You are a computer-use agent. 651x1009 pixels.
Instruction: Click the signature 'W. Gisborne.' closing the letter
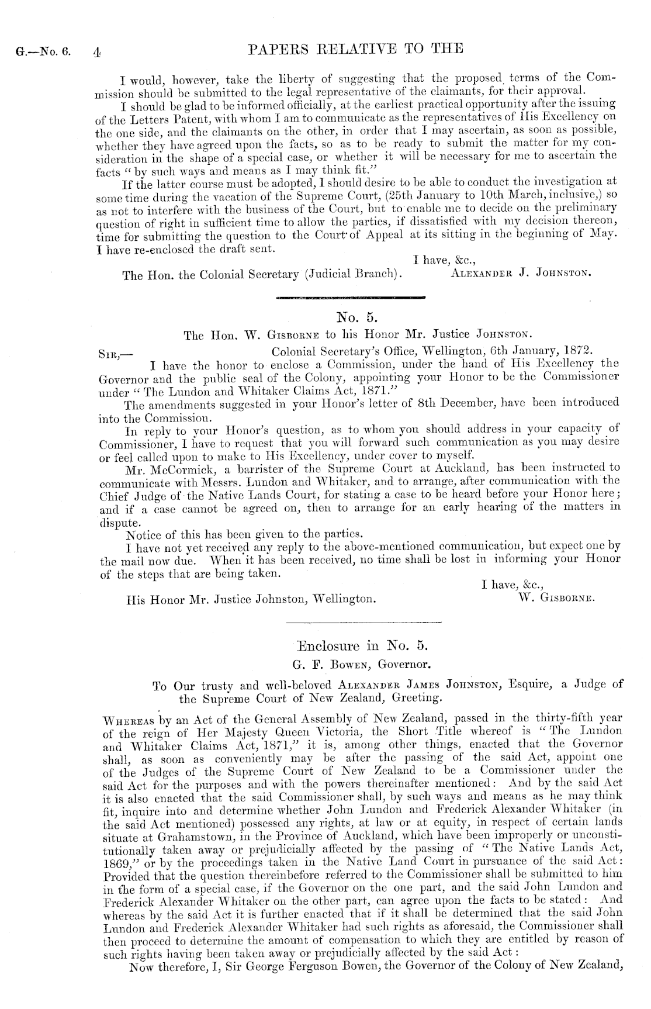click(x=556, y=598)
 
